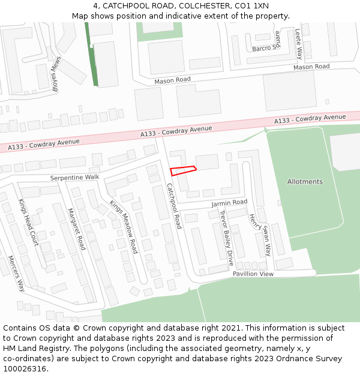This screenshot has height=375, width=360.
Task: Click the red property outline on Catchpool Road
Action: (183, 170)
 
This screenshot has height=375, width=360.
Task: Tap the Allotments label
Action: (305, 182)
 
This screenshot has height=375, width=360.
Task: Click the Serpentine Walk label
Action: (74, 178)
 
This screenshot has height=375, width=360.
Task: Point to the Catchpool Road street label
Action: (174, 206)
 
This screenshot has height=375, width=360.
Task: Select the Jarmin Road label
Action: (229, 203)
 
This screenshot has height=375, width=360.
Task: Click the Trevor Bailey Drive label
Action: (226, 238)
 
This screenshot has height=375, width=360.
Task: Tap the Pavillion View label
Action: (253, 274)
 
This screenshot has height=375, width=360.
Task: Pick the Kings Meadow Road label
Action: (124, 227)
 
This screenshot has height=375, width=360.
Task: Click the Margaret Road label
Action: (77, 229)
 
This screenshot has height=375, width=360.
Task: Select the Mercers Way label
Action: (16, 273)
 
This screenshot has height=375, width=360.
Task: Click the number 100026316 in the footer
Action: (26, 368)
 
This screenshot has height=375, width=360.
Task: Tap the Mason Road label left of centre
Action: (172, 80)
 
